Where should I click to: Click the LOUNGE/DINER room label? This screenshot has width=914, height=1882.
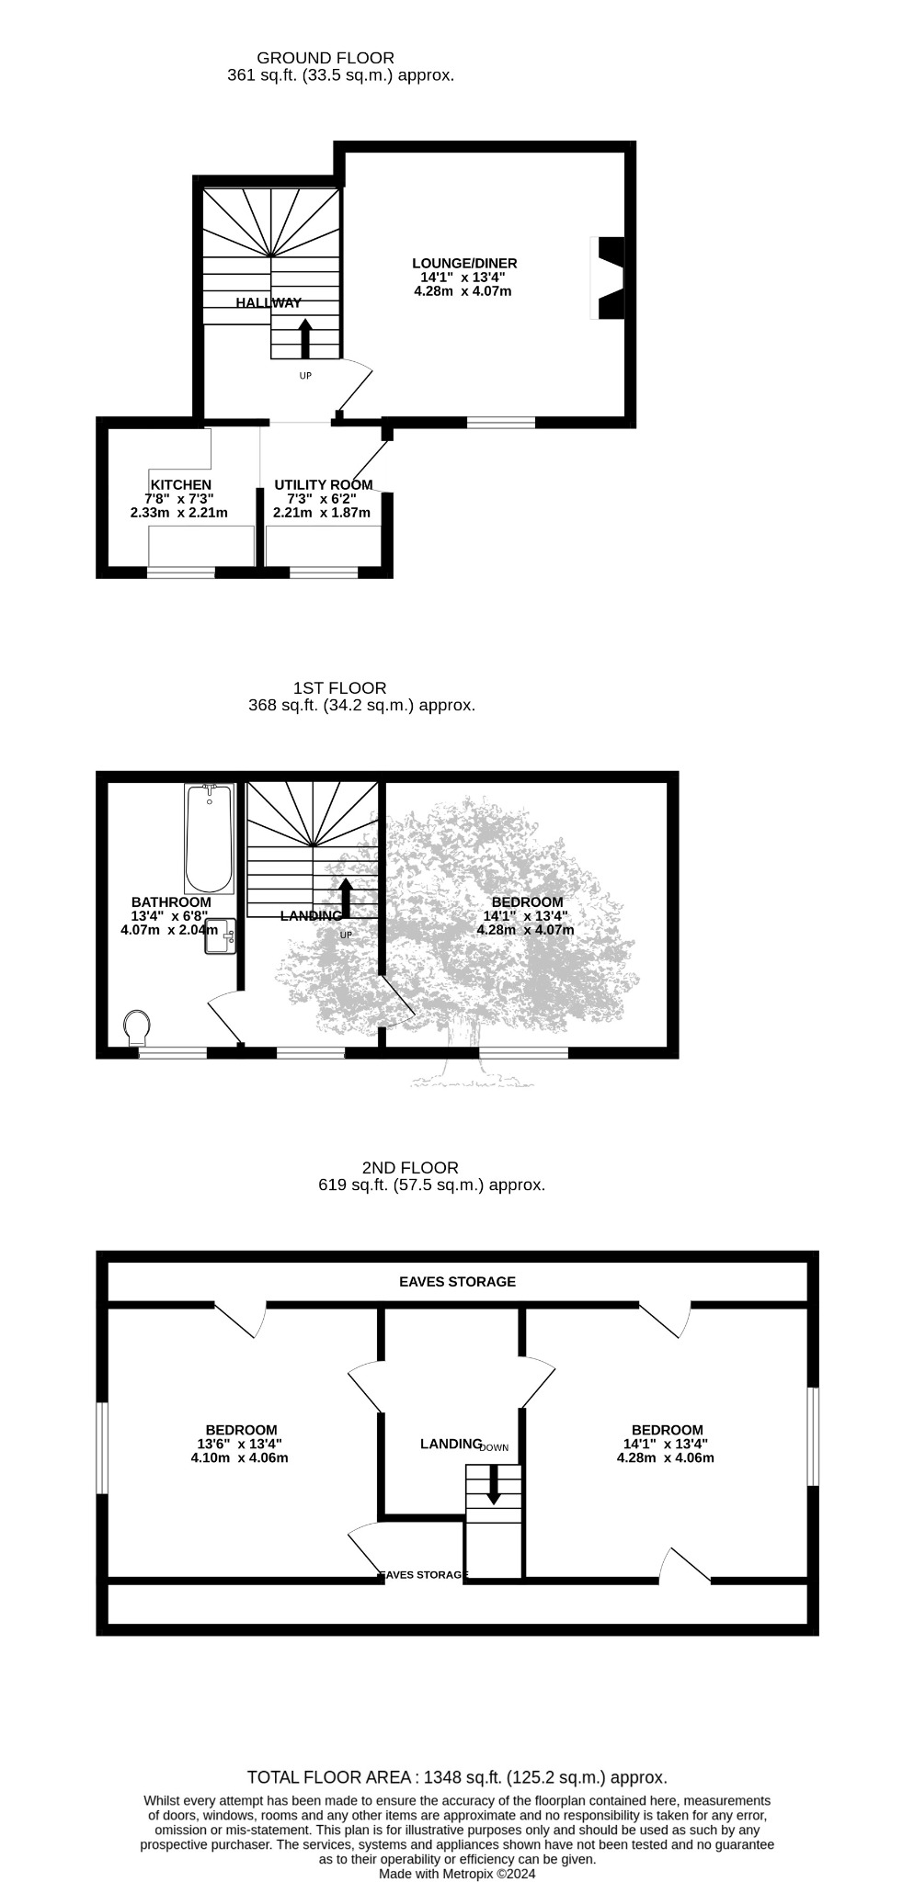point(464,264)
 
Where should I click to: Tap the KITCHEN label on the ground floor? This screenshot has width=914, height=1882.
point(181,485)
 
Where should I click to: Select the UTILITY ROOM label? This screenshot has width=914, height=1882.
point(324,485)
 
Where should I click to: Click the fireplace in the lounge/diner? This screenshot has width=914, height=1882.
point(608,278)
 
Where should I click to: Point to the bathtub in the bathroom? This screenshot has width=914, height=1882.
point(210,839)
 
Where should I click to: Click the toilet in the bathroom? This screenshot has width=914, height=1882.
point(137,1027)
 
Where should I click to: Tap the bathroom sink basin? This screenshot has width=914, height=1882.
point(221,936)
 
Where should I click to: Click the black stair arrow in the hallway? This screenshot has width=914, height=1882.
point(305,338)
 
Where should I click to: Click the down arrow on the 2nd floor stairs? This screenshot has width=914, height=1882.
point(494,1484)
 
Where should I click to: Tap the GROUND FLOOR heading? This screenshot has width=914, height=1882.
point(326,58)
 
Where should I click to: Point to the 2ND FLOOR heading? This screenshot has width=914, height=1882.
point(410,1168)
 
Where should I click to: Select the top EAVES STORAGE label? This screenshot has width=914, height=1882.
point(457,1281)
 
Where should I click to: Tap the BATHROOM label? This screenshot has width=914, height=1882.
point(171,902)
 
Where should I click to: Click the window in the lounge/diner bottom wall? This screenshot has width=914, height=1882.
point(501,423)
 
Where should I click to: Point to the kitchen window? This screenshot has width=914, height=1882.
point(181,572)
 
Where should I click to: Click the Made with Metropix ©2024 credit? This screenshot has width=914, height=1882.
point(457,1874)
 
